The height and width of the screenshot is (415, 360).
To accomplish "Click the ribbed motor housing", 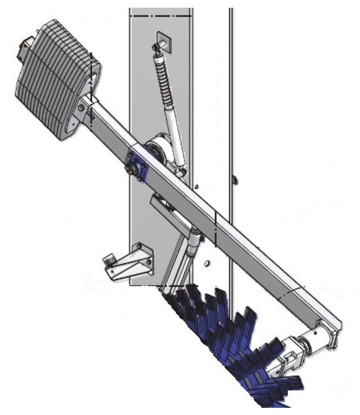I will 53,77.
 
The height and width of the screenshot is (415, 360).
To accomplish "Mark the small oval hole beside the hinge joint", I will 206,263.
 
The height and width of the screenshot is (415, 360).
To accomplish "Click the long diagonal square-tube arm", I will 222,221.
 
